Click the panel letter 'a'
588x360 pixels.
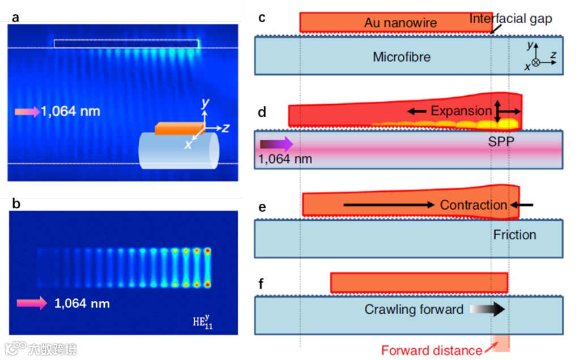click(x=15, y=17)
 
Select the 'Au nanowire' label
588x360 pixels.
click(x=400, y=23)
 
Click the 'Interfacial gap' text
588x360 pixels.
click(x=510, y=19)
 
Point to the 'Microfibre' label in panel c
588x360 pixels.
click(x=401, y=57)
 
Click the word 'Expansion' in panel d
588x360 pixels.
click(x=461, y=111)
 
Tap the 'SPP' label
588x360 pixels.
click(x=500, y=142)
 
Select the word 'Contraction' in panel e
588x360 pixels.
click(x=473, y=205)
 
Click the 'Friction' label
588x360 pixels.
click(x=514, y=234)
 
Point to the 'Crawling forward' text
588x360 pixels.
click(x=414, y=310)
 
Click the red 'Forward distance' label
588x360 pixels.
click(x=431, y=350)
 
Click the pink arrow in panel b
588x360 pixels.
click(x=32, y=304)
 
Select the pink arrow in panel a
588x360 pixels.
click(x=26, y=112)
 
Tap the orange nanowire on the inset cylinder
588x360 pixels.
click(x=177, y=128)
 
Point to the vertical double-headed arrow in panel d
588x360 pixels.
click(x=497, y=111)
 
